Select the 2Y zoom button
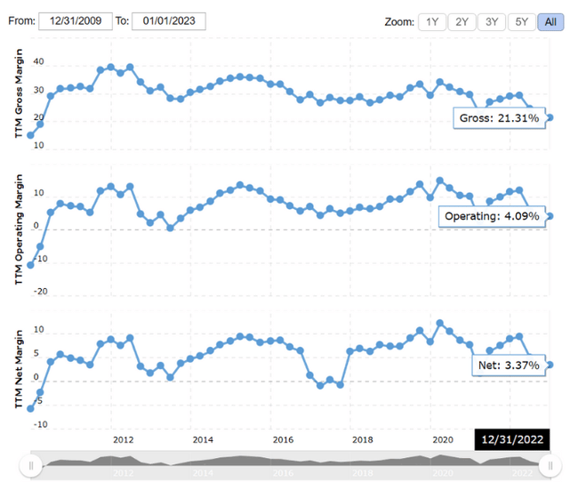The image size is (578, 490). click(462, 21)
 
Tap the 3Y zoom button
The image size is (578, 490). click(491, 21)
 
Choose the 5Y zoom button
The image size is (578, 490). click(521, 21)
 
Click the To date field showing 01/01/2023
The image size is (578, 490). click(168, 21)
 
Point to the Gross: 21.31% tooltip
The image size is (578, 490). click(500, 118)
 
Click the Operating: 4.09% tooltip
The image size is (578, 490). click(491, 217)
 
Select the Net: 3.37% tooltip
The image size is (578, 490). click(509, 365)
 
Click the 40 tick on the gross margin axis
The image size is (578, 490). click(38, 62)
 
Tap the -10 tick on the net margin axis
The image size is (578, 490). click(38, 425)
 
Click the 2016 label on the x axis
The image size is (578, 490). click(283, 439)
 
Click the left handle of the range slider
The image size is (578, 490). click(31, 465)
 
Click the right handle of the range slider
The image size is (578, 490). click(550, 465)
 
